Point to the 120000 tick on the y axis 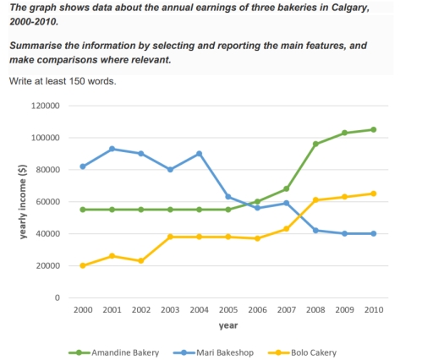tap(47, 106)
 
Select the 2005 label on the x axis tap(227, 311)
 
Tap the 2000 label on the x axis tap(82, 311)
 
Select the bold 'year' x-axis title tap(227, 325)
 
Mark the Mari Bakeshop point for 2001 tap(112, 149)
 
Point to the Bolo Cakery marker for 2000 tap(82, 265)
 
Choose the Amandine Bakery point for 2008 tap(315, 144)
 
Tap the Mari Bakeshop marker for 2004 tap(199, 154)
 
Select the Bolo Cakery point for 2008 tap(315, 200)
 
